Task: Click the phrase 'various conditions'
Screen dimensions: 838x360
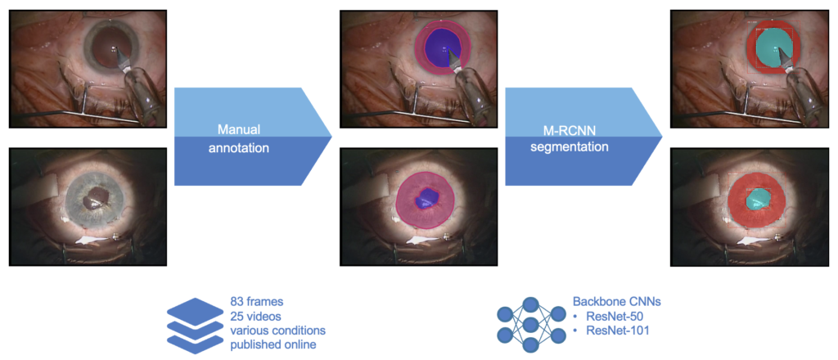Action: click(x=278, y=330)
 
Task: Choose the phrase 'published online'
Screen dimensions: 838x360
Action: click(x=273, y=344)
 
